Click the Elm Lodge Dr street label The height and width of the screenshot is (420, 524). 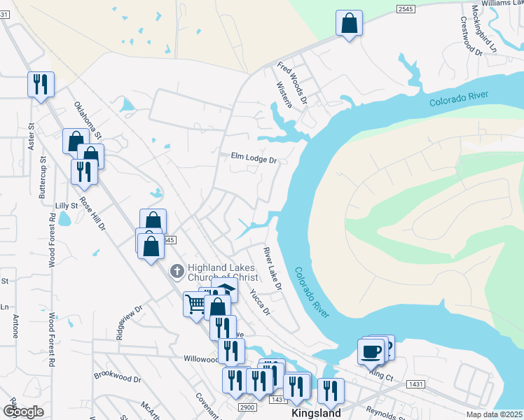click(x=254, y=159)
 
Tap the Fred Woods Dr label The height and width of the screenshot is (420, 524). click(x=292, y=83)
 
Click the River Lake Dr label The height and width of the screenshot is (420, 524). click(x=272, y=268)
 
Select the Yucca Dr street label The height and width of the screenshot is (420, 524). click(x=260, y=303)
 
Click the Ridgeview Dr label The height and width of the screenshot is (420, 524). click(x=129, y=318)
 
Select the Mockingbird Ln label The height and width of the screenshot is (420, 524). click(x=483, y=29)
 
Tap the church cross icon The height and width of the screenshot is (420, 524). click(x=177, y=270)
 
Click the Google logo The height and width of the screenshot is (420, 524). click(x=23, y=412)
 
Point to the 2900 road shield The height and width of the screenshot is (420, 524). click(x=247, y=407)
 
